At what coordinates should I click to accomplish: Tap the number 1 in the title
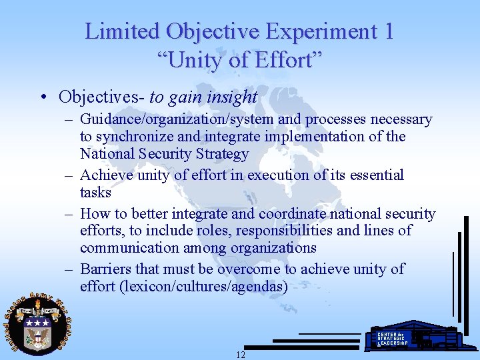(x=387, y=31)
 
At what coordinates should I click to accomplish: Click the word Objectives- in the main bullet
(x=101, y=97)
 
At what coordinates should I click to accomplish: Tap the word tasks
(x=95, y=193)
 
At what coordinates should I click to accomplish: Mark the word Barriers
(x=105, y=269)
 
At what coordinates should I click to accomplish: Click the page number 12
(x=240, y=355)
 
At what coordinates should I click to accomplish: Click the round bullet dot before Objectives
(x=43, y=98)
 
